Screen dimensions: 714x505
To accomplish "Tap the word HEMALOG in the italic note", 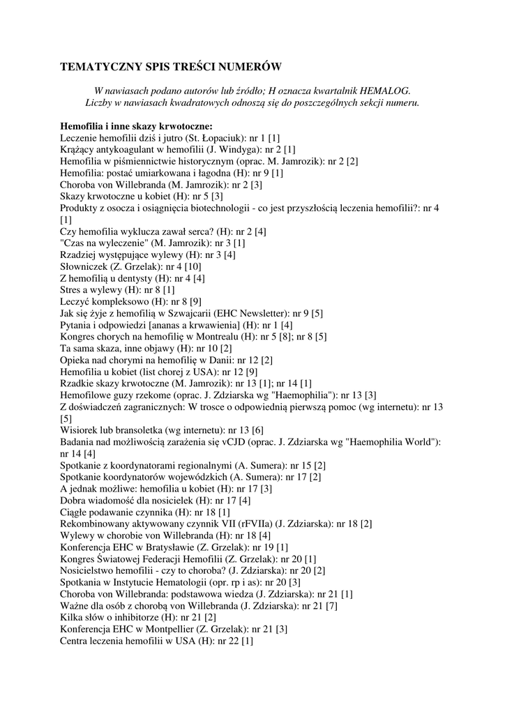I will (x=386, y=91).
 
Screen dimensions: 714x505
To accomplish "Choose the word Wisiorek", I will (x=79, y=430).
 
